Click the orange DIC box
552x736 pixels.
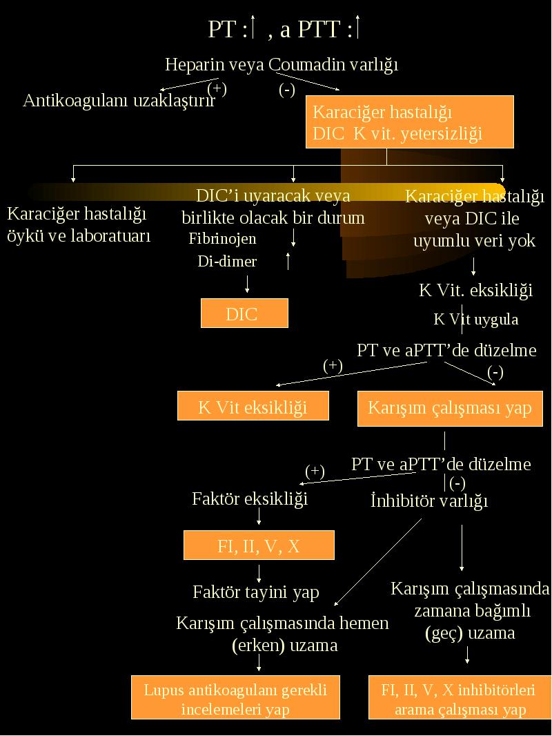[244, 313]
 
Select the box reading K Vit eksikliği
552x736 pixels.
[253, 406]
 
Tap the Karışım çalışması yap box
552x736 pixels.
[450, 408]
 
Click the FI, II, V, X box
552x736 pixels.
[259, 545]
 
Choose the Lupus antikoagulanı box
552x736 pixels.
[235, 697]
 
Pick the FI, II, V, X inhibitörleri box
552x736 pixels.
[460, 697]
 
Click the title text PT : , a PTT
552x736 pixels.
[284, 29]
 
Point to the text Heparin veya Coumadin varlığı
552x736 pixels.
[282, 64]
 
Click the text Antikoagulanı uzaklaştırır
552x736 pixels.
[119, 100]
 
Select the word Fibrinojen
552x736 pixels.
[222, 239]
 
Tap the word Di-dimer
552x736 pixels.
[227, 261]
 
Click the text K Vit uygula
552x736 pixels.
[476, 319]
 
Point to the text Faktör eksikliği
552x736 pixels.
[250, 498]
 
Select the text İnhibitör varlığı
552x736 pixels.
[429, 501]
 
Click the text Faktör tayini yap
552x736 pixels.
[256, 592]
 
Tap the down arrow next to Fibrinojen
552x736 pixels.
[293, 238]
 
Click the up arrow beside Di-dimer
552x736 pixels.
[288, 261]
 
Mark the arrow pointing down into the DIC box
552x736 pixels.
[247, 284]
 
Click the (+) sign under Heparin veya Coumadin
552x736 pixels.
[217, 88]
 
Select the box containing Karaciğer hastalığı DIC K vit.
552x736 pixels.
[410, 122]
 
